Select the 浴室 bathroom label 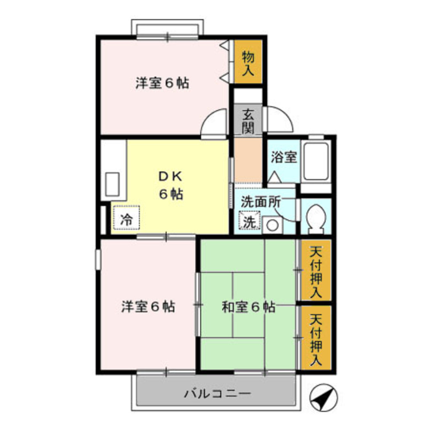coord(284,157)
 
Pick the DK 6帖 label coord(171,185)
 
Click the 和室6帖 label coord(248,307)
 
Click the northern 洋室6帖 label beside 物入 coord(162,83)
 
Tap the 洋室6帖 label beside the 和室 coord(148,307)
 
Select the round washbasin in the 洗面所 coord(272,225)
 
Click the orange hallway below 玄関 coord(248,159)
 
